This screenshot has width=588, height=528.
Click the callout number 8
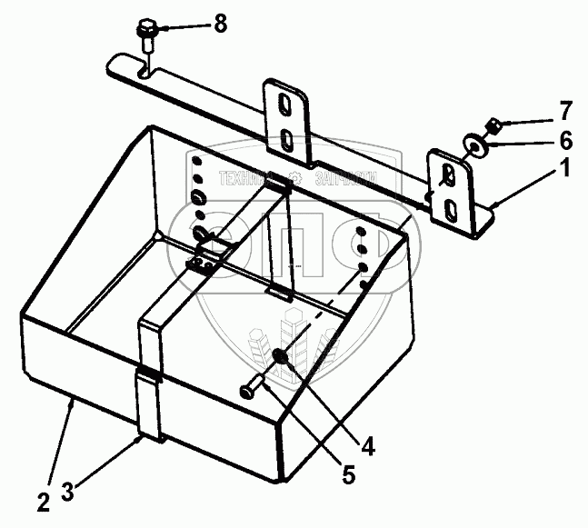click(x=220, y=25)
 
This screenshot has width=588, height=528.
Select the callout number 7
click(x=565, y=112)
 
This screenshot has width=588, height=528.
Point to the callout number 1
click(x=565, y=168)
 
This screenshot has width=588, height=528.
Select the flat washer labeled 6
click(x=474, y=143)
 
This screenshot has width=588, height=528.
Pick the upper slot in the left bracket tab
click(x=287, y=104)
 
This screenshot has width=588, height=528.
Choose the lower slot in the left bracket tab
click(x=287, y=138)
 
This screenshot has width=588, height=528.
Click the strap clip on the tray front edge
click(x=148, y=375)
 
